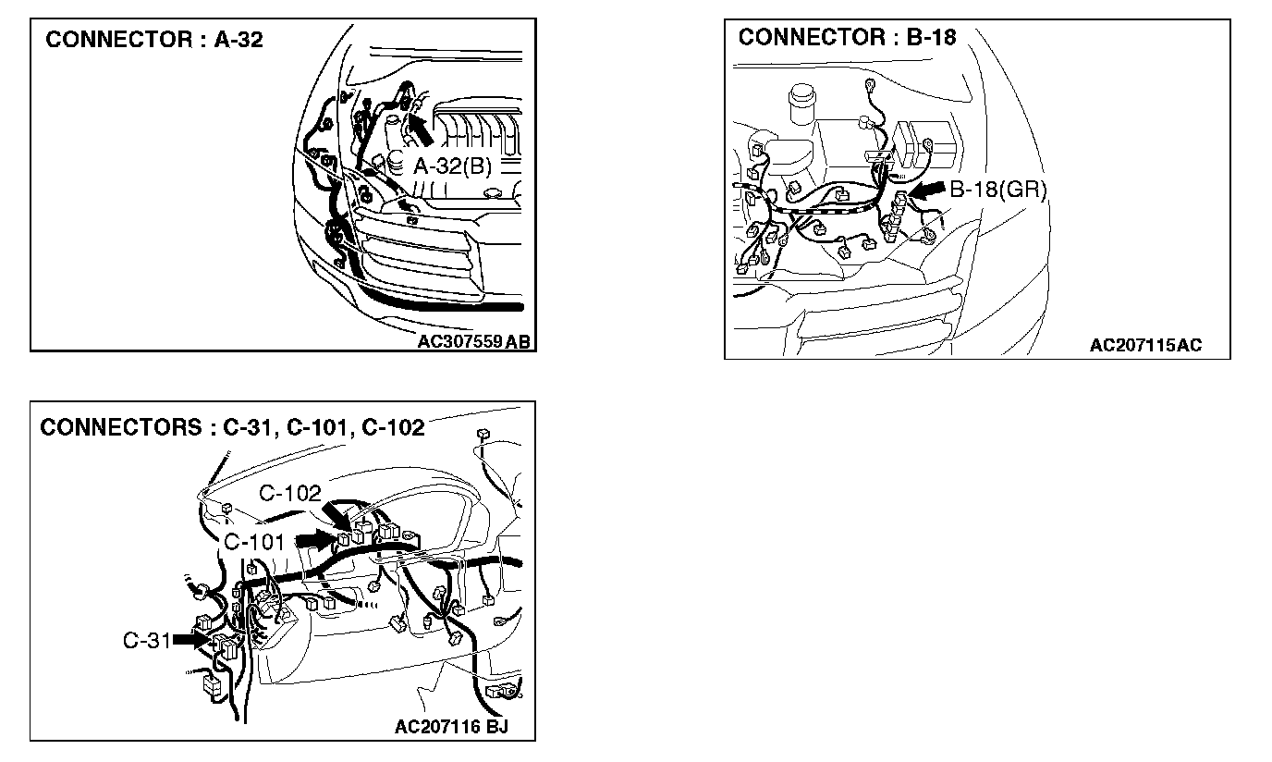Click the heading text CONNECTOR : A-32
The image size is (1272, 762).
[x=153, y=40]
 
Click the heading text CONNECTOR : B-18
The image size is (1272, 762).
[x=848, y=38]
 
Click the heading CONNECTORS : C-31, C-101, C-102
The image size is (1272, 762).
[x=232, y=427]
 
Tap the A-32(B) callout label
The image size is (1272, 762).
[x=453, y=166]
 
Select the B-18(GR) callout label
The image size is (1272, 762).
[x=998, y=190]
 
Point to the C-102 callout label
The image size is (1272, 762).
[x=290, y=493]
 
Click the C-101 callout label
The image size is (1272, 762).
[x=254, y=542]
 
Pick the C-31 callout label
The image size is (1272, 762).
[x=146, y=641]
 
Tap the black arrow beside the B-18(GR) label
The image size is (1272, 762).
[x=927, y=190]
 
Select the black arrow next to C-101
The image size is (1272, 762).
[x=314, y=540]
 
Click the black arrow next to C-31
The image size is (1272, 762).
[x=190, y=640]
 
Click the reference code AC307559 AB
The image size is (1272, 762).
[x=473, y=341]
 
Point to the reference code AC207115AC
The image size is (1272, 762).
[x=1145, y=345]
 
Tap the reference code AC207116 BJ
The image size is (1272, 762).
[x=451, y=726]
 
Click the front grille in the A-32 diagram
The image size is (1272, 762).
[x=418, y=256]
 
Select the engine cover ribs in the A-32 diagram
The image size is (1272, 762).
[x=478, y=134]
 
